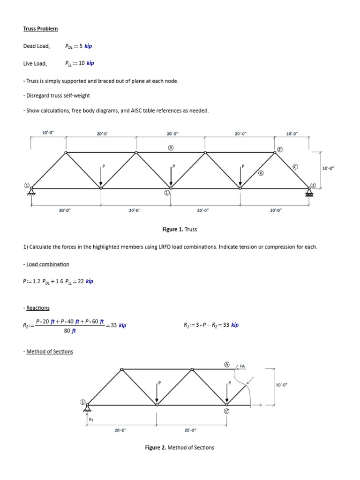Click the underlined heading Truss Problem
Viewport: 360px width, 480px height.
pos(41,29)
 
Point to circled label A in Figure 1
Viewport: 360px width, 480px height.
pos(171,147)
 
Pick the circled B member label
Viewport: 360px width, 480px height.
pos(261,172)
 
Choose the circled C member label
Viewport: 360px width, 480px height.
pos(295,166)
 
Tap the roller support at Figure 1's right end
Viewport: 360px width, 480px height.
pos(309,191)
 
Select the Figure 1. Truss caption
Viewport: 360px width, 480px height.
pos(180,229)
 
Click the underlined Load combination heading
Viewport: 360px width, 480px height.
pos(47,264)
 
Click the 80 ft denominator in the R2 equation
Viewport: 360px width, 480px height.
pos(70,330)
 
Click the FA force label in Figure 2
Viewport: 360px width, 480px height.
pos(242,366)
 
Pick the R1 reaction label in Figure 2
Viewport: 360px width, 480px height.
pos(91,420)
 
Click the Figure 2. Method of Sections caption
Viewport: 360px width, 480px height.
pos(180,447)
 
